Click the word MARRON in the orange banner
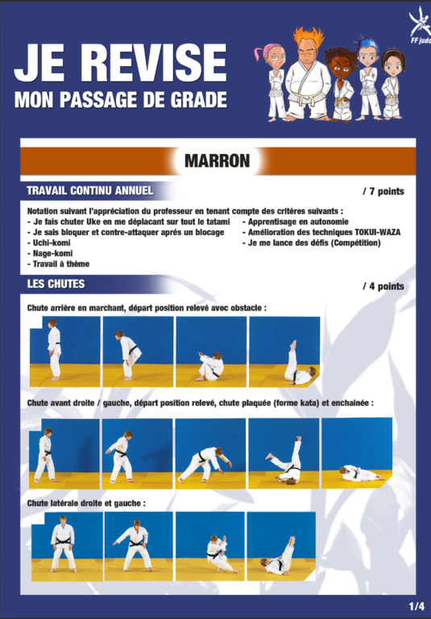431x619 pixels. [x=217, y=160]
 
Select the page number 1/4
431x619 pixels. [x=416, y=605]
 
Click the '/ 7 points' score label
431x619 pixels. [x=383, y=192]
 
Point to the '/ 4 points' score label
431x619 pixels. [x=383, y=286]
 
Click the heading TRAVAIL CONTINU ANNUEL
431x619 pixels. [x=89, y=191]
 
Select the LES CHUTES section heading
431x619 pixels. [x=56, y=284]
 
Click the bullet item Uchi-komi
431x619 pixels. [x=49, y=243]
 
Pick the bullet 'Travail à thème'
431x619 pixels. [x=59, y=264]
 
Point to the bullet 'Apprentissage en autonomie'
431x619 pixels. [x=295, y=222]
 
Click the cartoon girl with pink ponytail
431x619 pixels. [x=273, y=81]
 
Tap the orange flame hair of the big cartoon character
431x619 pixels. [x=309, y=36]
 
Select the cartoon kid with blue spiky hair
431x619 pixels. [x=367, y=78]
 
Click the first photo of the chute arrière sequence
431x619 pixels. [x=64, y=351]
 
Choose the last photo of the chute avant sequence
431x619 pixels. [x=357, y=453]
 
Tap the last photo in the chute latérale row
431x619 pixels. [x=281, y=546]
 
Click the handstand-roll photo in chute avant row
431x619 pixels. [x=284, y=454]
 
